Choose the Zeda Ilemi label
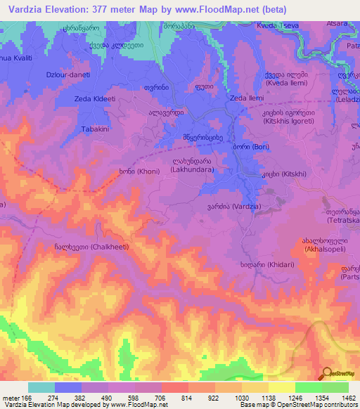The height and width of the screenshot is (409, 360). [x=247, y=98]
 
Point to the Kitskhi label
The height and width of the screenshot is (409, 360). [x=277, y=173]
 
